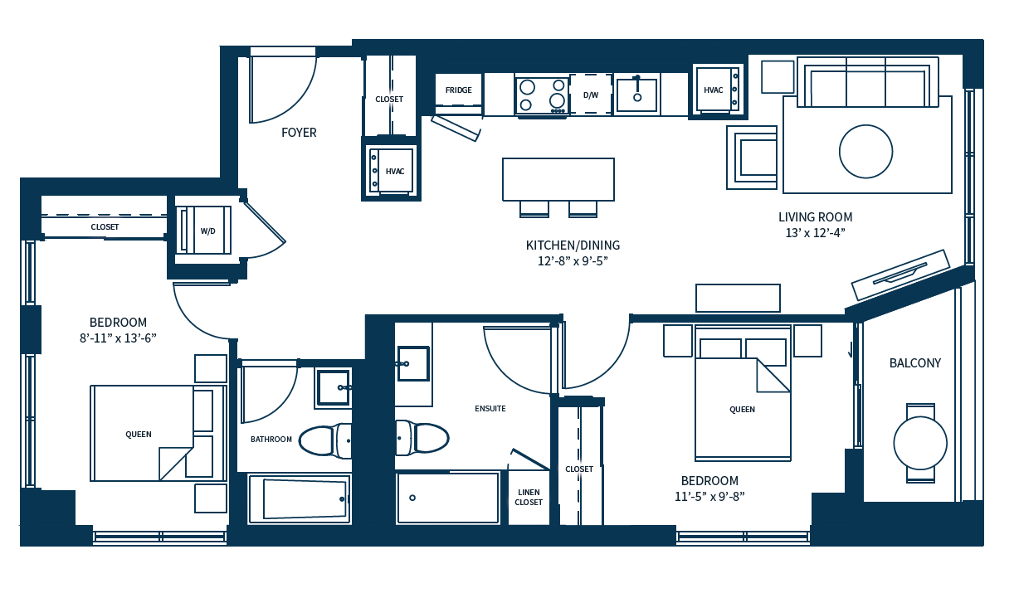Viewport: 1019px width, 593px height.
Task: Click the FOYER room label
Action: pyautogui.click(x=299, y=133)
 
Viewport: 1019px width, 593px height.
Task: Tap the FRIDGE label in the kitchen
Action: pyautogui.click(x=458, y=90)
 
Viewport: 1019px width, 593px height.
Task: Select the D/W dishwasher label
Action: pyautogui.click(x=591, y=95)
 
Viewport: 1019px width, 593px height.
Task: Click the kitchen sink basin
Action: pyautogui.click(x=637, y=95)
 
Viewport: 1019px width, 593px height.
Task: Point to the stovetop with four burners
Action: pyautogui.click(x=542, y=95)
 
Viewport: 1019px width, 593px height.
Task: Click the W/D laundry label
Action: pyautogui.click(x=207, y=231)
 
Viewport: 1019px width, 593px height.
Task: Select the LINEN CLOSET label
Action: pyautogui.click(x=529, y=497)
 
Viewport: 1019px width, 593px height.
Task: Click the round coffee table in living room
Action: pyautogui.click(x=865, y=152)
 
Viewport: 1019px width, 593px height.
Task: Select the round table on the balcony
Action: pyautogui.click(x=919, y=443)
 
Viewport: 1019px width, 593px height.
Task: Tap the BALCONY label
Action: pyautogui.click(x=915, y=363)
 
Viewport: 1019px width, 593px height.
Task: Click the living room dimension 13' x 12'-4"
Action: pyautogui.click(x=815, y=233)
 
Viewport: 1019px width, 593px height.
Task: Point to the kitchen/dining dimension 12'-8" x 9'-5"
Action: pyautogui.click(x=573, y=261)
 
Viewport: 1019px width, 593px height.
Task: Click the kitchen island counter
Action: pyautogui.click(x=558, y=179)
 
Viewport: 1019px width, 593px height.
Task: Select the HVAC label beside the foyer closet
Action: pyautogui.click(x=395, y=172)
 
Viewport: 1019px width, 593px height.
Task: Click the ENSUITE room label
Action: pyautogui.click(x=490, y=409)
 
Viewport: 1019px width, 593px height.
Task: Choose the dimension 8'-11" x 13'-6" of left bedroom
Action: pyautogui.click(x=118, y=338)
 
